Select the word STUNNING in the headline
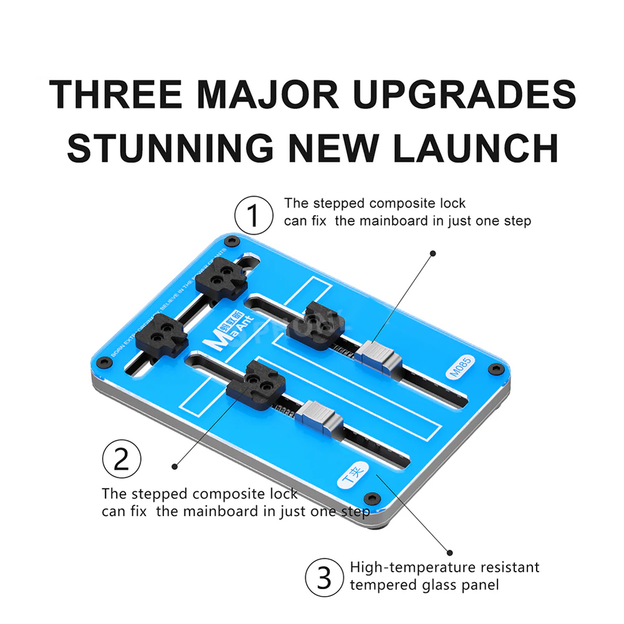click(x=170, y=148)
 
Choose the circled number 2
click(x=122, y=461)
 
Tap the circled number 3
click(x=324, y=577)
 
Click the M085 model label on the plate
click(x=462, y=368)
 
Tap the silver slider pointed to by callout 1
click(x=378, y=358)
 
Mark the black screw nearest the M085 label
click(x=497, y=369)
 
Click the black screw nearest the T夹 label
click(x=373, y=497)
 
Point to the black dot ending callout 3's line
click(x=449, y=551)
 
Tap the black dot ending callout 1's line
click(x=432, y=253)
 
